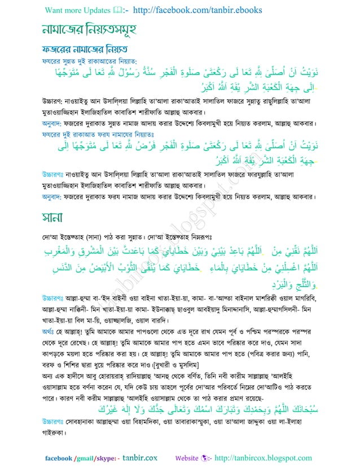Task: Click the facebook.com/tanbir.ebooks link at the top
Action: (189, 10)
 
